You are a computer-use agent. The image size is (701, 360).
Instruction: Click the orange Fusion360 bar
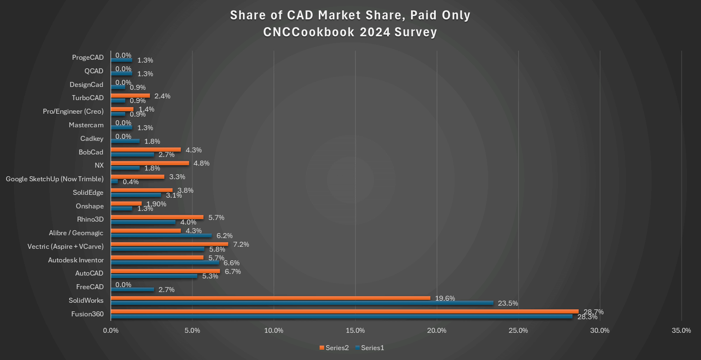pos(344,311)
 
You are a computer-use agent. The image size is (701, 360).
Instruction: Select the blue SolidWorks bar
pos(302,303)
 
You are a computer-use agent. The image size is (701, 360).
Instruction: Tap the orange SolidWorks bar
pos(271,298)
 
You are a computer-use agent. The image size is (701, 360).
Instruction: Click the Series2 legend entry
pos(334,348)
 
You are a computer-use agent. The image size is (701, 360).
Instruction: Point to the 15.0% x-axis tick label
pos(355,330)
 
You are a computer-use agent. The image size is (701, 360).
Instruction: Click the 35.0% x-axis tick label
pos(681,330)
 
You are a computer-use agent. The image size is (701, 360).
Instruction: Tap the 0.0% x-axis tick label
pos(110,330)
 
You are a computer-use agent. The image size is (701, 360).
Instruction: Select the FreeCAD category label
pos(90,287)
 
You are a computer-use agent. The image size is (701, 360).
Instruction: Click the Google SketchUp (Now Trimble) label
pos(55,179)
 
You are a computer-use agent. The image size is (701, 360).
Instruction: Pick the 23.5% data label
pos(508,303)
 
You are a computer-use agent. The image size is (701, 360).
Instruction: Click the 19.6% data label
pos(445,298)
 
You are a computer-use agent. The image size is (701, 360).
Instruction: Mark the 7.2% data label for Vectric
pos(241,244)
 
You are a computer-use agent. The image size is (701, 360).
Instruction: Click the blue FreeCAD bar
pos(132,289)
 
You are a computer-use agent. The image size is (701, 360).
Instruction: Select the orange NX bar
pos(150,163)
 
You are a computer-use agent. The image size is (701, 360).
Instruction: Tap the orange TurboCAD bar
pos(130,96)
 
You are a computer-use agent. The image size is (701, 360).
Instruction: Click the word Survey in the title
pos(416,32)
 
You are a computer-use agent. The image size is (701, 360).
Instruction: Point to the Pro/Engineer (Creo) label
pos(73,111)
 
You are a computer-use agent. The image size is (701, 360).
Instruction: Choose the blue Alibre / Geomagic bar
pos(161,236)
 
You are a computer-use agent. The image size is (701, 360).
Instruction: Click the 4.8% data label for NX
pos(201,163)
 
